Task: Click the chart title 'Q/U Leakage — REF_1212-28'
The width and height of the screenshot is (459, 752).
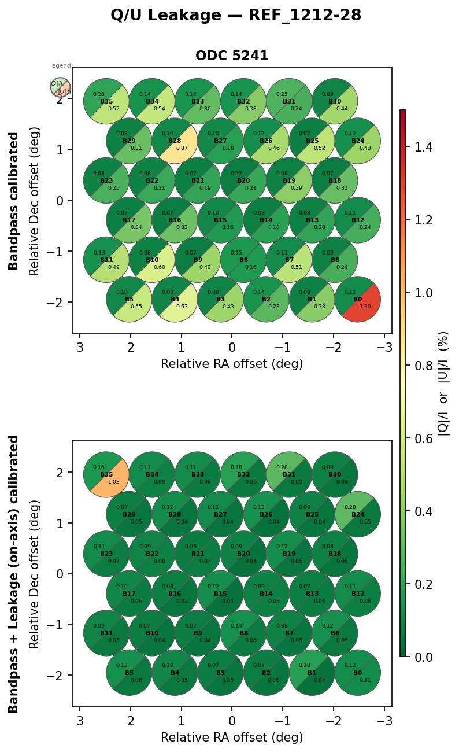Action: pos(236,16)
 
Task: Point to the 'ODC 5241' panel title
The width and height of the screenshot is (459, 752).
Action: pos(232,56)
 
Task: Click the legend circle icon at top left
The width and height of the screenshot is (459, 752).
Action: pos(60,88)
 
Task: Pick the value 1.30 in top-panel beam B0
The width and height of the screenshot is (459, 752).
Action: pos(366,307)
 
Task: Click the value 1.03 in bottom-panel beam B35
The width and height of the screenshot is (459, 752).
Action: pos(114,481)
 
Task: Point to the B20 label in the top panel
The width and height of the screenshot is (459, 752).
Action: pos(243,180)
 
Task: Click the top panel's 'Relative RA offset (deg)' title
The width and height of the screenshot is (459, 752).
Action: pos(232,364)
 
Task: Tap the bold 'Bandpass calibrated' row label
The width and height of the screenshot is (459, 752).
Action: pos(14,201)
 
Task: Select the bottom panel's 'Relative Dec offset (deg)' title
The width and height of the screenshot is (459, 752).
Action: pos(35,573)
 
